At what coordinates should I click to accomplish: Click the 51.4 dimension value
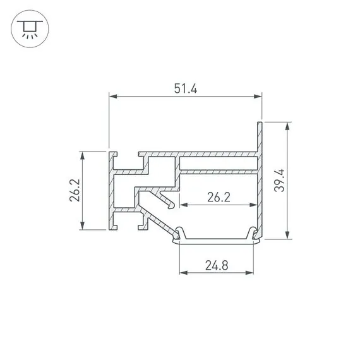tap(185, 89)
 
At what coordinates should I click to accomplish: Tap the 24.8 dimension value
tap(216, 265)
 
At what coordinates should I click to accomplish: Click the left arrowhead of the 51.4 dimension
tap(113, 97)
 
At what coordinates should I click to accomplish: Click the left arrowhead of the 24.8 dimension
tap(184, 273)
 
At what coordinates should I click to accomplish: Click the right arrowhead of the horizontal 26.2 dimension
tap(254, 205)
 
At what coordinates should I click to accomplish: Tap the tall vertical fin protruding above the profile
tap(259, 136)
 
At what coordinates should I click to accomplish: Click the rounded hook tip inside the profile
tap(171, 205)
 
